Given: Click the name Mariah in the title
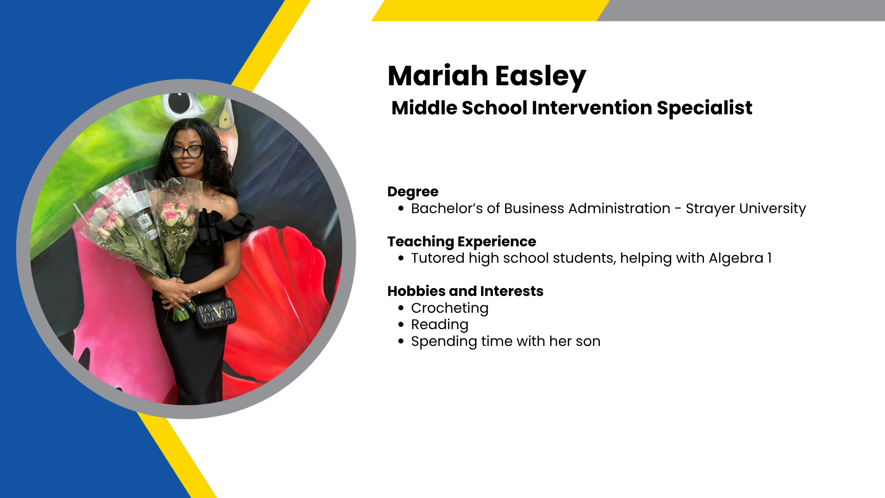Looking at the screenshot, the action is [438, 76].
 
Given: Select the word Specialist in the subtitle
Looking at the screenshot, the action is [704, 109].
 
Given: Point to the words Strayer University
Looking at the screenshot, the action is [746, 209].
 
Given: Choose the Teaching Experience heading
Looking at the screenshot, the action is [462, 242].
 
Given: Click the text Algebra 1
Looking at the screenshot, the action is [740, 258].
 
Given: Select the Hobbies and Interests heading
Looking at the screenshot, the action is [465, 291].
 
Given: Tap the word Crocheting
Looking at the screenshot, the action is [449, 309].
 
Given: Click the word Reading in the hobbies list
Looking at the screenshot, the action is [440, 325].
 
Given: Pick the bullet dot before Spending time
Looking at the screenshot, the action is [401, 341].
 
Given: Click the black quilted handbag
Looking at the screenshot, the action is [216, 314].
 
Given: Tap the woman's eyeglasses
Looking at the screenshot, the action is [187, 151].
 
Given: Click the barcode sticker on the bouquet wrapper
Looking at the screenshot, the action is [145, 221].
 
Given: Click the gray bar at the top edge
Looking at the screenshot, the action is [741, 10].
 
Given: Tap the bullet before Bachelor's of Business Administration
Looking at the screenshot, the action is [401, 209].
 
